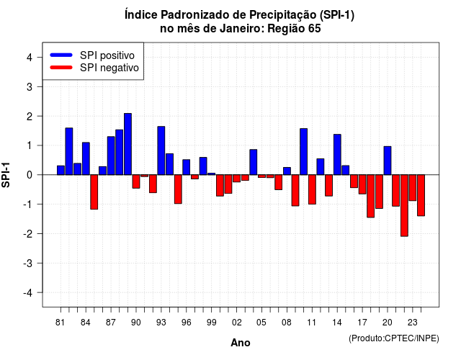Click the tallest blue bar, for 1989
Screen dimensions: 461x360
point(127,144)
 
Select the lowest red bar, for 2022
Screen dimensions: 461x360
point(404,205)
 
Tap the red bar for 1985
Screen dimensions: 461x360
point(94,192)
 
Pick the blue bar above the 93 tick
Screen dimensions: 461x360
point(161,150)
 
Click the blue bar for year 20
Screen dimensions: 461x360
point(388,161)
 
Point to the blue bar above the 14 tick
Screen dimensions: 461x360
point(337,155)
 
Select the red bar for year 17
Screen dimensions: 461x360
point(362,184)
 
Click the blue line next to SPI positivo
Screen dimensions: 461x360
point(61,55)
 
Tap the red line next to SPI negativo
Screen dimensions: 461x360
point(61,68)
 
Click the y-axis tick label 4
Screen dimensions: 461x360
point(30,58)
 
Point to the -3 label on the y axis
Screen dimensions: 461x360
point(28,264)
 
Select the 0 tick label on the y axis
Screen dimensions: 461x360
point(30,175)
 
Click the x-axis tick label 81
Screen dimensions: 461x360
point(60,323)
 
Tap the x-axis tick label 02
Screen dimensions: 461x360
point(237,323)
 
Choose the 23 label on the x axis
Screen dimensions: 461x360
point(413,323)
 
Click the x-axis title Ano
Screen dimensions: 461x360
point(241,343)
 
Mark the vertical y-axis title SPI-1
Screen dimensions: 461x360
point(6,175)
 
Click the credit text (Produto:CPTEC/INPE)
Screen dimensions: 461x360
point(394,338)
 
